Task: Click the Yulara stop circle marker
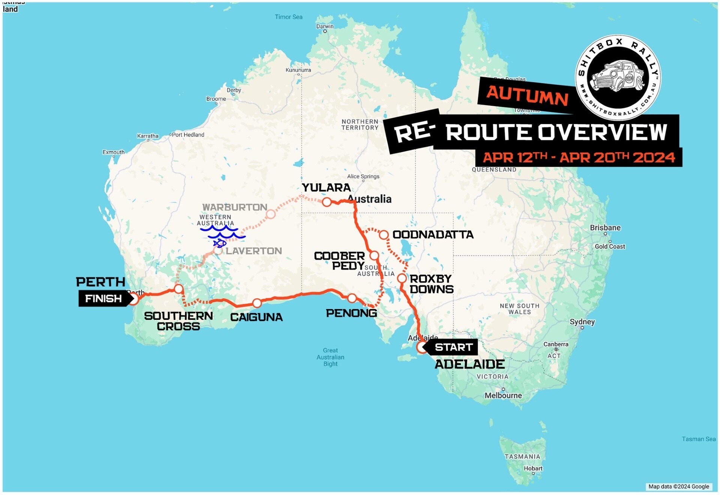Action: pyautogui.click(x=327, y=202)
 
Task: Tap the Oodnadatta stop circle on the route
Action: pyautogui.click(x=383, y=235)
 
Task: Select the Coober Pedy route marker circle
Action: pyautogui.click(x=374, y=256)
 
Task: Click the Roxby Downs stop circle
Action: pyautogui.click(x=402, y=278)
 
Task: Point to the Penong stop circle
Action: pyautogui.click(x=352, y=298)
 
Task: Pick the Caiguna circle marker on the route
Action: pyautogui.click(x=257, y=303)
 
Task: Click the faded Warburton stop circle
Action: pyautogui.click(x=271, y=214)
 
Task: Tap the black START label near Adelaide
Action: pyautogui.click(x=453, y=347)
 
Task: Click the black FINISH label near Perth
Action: pyautogui.click(x=104, y=298)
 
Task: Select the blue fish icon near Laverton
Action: pyautogui.click(x=220, y=244)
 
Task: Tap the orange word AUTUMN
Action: pyautogui.click(x=527, y=94)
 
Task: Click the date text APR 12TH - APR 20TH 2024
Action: pyautogui.click(x=578, y=157)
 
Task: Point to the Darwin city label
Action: pyautogui.click(x=325, y=27)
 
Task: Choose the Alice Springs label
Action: pyautogui.click(x=363, y=176)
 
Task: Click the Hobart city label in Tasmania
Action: pyautogui.click(x=533, y=468)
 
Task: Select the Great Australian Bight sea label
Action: pyautogui.click(x=330, y=357)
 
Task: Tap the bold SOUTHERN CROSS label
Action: pyautogui.click(x=178, y=321)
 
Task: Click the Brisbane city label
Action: pyautogui.click(x=605, y=228)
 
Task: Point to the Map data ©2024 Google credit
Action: pyautogui.click(x=678, y=486)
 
